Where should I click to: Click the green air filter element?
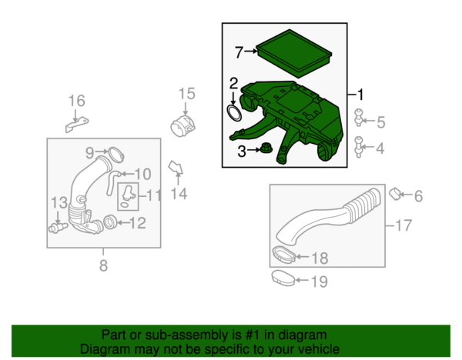294,54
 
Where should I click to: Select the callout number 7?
239,52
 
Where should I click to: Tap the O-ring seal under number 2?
234,113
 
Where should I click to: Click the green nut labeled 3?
266,147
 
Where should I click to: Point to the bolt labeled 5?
359,117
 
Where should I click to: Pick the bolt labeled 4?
359,147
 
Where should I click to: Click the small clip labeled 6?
394,195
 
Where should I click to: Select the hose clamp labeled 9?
116,155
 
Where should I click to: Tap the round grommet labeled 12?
110,222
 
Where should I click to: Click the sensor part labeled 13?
58,228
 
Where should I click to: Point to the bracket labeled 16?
76,125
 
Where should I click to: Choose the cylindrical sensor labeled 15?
182,126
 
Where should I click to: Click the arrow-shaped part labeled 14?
176,168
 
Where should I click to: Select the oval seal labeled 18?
283,254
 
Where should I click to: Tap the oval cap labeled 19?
283,278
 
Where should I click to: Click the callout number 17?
403,225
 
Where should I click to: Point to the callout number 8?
103,265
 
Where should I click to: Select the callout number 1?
360,95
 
